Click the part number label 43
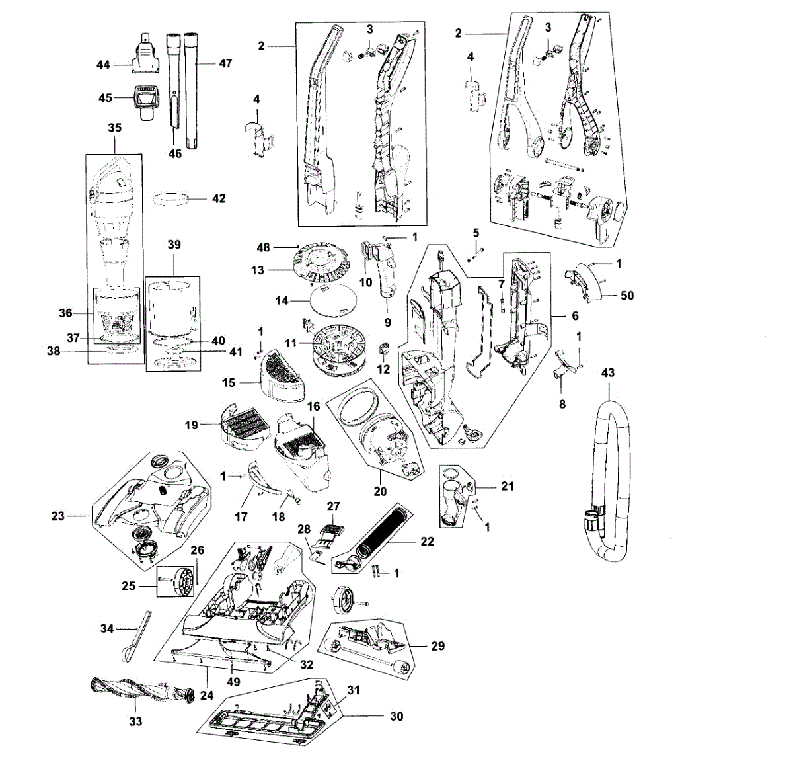[607, 372]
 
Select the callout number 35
[115, 128]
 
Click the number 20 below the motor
[380, 491]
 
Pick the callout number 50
[627, 295]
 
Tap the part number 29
[437, 646]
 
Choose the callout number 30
[397, 716]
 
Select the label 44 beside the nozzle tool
[102, 65]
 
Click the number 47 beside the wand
[225, 63]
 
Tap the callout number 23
[58, 516]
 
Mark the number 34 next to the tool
[107, 628]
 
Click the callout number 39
[174, 244]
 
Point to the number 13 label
[257, 270]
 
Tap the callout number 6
[574, 317]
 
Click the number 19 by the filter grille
[191, 425]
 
